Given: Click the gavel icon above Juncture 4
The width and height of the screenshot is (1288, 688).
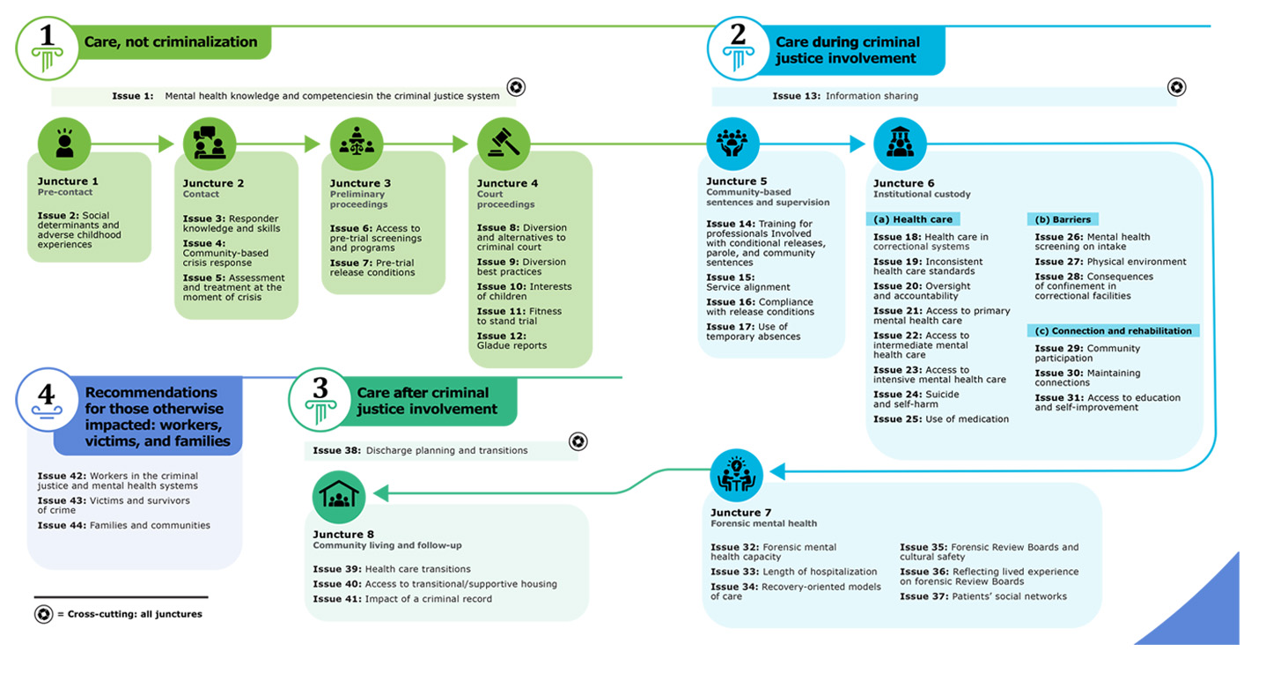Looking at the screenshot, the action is click(504, 144).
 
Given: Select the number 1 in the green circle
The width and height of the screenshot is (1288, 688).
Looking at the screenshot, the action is click(48, 35).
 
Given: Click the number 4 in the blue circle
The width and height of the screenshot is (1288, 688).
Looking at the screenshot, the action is click(47, 394).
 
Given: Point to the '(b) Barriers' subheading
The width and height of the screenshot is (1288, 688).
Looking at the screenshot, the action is click(1063, 219).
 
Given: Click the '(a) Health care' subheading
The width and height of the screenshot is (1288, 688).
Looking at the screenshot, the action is click(913, 219).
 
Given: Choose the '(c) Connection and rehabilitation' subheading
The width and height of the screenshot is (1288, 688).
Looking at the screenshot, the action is click(1113, 330).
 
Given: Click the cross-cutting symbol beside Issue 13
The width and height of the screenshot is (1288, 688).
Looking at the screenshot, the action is click(1176, 87).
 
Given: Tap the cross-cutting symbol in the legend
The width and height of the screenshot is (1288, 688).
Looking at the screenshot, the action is click(43, 614).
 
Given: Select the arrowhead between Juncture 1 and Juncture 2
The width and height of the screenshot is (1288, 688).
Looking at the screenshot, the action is click(166, 144).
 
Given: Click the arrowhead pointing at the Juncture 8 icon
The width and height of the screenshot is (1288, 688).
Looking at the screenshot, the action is click(380, 493).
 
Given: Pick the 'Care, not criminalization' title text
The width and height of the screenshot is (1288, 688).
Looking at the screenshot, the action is click(171, 42).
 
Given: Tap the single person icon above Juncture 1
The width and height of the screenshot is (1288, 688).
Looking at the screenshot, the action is click(64, 144).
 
